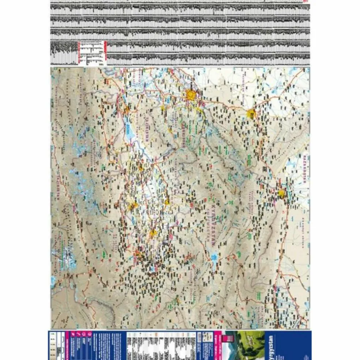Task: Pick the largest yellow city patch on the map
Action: [x=191, y=95]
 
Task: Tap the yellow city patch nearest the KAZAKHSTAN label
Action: [x=281, y=194]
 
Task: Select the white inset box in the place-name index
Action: [x=91, y=53]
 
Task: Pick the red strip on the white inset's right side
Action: [x=105, y=53]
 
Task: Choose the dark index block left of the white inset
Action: [x=64, y=53]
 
